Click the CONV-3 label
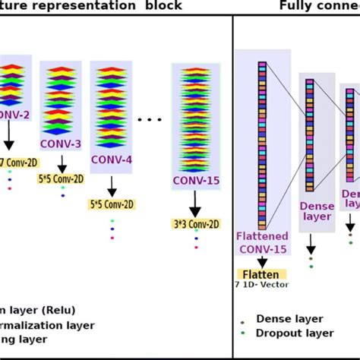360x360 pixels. (61, 144)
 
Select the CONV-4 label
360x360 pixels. (111, 159)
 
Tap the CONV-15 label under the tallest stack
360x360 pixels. (195, 180)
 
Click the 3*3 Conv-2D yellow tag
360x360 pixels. (196, 223)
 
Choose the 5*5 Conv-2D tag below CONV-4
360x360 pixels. (112, 204)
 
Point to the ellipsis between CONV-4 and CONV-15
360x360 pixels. (150, 119)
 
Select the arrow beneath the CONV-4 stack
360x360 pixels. (112, 185)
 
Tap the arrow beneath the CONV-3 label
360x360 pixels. (62, 163)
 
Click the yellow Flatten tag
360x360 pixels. (262, 274)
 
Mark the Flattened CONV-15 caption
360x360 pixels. (262, 242)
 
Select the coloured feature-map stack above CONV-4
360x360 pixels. (111, 108)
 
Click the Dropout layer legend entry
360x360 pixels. (295, 333)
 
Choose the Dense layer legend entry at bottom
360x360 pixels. (289, 319)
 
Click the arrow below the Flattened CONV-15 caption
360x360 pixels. (262, 261)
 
